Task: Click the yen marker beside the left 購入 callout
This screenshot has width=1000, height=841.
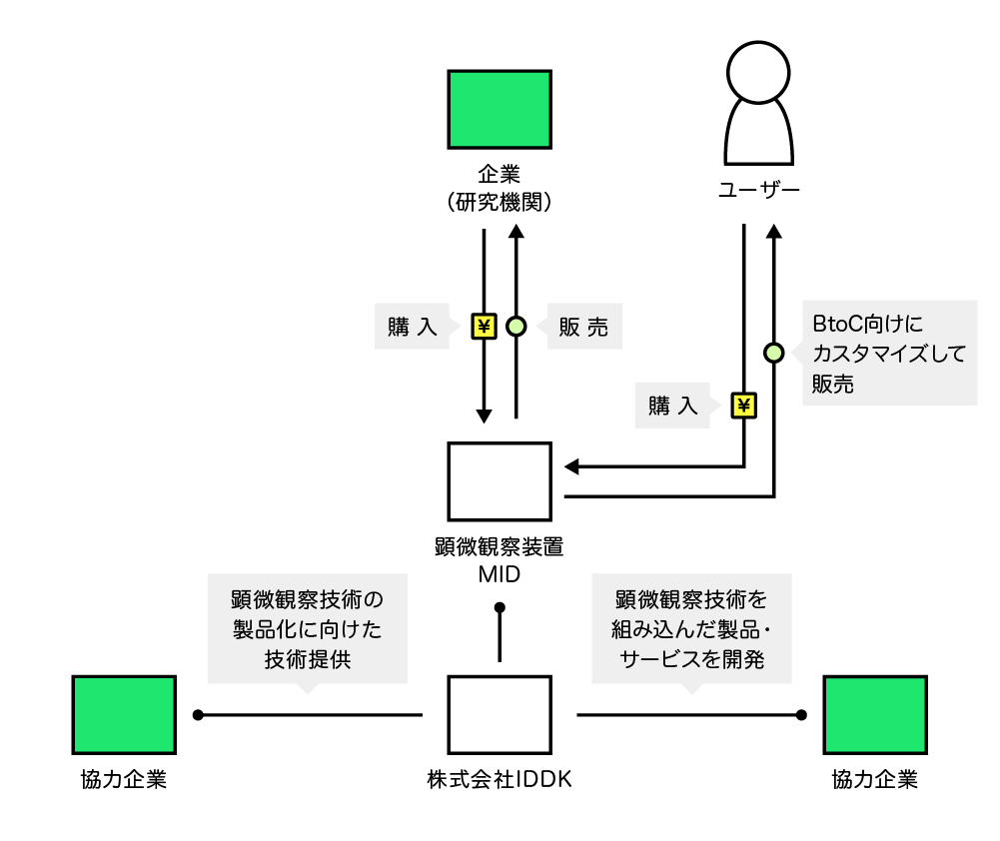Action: tap(485, 326)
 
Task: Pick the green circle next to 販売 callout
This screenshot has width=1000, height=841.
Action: tap(515, 326)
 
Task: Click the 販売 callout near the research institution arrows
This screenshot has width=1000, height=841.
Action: tap(583, 327)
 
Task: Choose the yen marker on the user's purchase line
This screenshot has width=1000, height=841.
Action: tap(744, 406)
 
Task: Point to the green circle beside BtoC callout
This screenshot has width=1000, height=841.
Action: tap(773, 353)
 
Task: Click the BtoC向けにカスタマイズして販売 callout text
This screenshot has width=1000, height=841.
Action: tap(889, 354)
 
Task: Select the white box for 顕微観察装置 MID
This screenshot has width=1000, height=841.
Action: tap(500, 481)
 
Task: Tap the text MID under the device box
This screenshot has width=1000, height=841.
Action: tap(500, 576)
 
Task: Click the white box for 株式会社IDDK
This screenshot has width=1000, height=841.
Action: tap(500, 714)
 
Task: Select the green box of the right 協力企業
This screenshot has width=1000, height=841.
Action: tap(875, 714)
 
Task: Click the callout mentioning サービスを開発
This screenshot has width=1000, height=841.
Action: tap(691, 629)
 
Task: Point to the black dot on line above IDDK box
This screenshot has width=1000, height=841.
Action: tap(500, 607)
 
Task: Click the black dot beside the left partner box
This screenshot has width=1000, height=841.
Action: tap(198, 714)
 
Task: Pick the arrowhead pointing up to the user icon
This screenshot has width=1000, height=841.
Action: tap(773, 233)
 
